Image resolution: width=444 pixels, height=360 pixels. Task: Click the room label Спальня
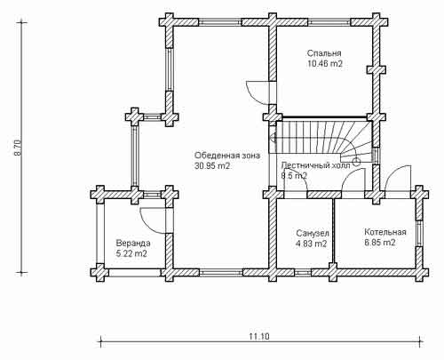(324, 53)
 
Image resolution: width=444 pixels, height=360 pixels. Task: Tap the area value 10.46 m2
(325, 64)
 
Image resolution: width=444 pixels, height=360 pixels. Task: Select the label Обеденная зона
(227, 156)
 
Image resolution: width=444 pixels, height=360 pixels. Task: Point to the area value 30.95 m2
(212, 166)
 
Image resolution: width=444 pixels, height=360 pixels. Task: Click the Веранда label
(133, 244)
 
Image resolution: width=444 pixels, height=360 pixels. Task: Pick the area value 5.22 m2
(131, 254)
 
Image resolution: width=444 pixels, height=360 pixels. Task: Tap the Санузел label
(313, 234)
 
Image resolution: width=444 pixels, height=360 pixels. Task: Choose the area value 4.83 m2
(312, 244)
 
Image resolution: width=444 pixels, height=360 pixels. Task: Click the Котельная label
(385, 232)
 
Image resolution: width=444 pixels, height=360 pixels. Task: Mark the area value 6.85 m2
(380, 243)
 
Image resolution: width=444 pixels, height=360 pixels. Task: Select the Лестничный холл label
(315, 165)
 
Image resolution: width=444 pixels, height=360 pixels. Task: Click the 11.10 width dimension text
(259, 337)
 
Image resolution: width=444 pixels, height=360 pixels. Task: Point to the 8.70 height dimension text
(18, 148)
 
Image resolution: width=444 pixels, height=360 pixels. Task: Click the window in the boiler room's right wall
(419, 233)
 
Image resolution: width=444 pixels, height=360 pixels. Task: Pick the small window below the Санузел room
(301, 272)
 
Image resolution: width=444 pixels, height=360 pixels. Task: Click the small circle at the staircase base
(356, 161)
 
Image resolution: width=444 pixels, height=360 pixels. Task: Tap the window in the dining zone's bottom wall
(221, 272)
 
